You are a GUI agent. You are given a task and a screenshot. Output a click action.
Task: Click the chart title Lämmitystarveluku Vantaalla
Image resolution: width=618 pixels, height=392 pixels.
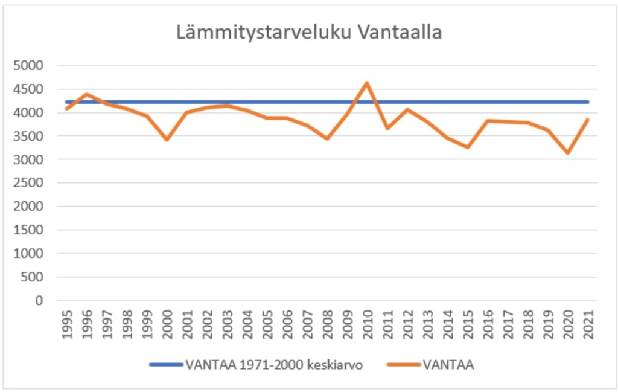(309, 33)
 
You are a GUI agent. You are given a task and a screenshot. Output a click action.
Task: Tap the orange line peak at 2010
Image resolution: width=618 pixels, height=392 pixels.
(366, 83)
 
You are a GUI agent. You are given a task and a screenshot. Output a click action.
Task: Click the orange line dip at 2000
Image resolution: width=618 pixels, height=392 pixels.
(167, 140)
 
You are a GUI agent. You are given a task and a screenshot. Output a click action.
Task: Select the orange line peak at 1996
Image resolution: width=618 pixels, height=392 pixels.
(87, 94)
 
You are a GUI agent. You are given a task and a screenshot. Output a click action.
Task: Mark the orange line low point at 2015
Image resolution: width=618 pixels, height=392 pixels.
(467, 147)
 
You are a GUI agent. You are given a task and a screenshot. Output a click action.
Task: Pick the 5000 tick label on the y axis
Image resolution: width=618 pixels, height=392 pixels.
(28, 66)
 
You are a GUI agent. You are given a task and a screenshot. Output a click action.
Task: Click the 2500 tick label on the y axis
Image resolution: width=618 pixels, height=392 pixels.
(28, 183)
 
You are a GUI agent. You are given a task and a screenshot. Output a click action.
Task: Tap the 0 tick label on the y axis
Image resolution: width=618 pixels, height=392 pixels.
(40, 301)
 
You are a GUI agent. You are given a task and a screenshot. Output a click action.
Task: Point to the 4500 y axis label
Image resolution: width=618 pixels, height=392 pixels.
(28, 89)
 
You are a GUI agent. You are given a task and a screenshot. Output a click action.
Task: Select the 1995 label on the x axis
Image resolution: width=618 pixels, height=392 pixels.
(67, 326)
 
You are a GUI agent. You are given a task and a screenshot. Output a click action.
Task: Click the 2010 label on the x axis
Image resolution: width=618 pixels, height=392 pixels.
(367, 326)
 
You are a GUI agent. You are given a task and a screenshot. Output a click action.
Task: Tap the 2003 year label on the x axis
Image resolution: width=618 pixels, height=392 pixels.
(227, 326)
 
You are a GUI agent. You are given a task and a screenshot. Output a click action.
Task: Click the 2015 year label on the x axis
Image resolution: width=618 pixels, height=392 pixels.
(467, 326)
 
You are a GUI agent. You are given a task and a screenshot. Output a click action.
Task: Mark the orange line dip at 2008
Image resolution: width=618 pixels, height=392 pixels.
(327, 138)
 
